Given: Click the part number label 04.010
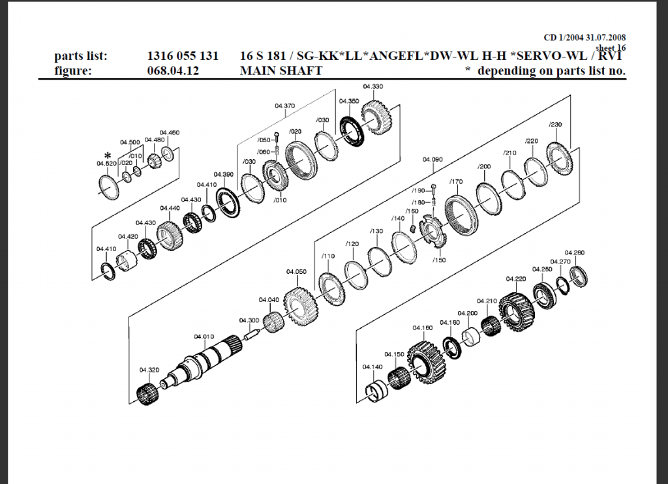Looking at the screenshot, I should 203,337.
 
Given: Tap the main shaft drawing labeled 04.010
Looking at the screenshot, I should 202,362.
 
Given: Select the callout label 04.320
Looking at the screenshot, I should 149,370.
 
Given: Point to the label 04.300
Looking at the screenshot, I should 249,320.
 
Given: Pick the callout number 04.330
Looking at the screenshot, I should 372,87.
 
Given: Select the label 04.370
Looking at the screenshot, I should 284,106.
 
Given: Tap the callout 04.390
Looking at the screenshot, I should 224,175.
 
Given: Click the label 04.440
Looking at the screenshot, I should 170,208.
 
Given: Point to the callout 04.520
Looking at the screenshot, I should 106,163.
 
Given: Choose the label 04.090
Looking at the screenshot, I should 433,159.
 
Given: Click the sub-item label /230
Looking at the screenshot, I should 555,125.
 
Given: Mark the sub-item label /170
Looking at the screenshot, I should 456,181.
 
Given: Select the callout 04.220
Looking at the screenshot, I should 515,279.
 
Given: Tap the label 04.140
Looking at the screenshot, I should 372,367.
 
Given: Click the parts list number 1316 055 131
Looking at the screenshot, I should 183,56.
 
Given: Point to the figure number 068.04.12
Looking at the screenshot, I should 172,70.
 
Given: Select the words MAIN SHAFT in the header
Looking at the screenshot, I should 281,70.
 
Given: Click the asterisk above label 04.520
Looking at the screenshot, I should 108,155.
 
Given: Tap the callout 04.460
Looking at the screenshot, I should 169,132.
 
